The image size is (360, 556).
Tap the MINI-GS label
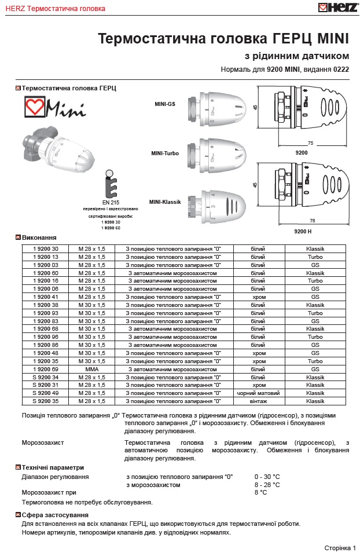[x=165, y=104]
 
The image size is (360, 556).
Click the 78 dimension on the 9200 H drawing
[x=313, y=221]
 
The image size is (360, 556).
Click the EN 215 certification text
[x=110, y=202]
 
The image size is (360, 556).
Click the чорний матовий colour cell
[x=259, y=393]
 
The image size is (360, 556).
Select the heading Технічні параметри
[x=53, y=467]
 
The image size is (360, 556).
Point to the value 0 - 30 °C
[x=267, y=477]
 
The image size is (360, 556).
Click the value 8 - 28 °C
[x=267, y=485]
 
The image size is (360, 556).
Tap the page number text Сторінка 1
[x=340, y=547]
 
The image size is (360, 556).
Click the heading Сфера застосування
[x=55, y=515]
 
